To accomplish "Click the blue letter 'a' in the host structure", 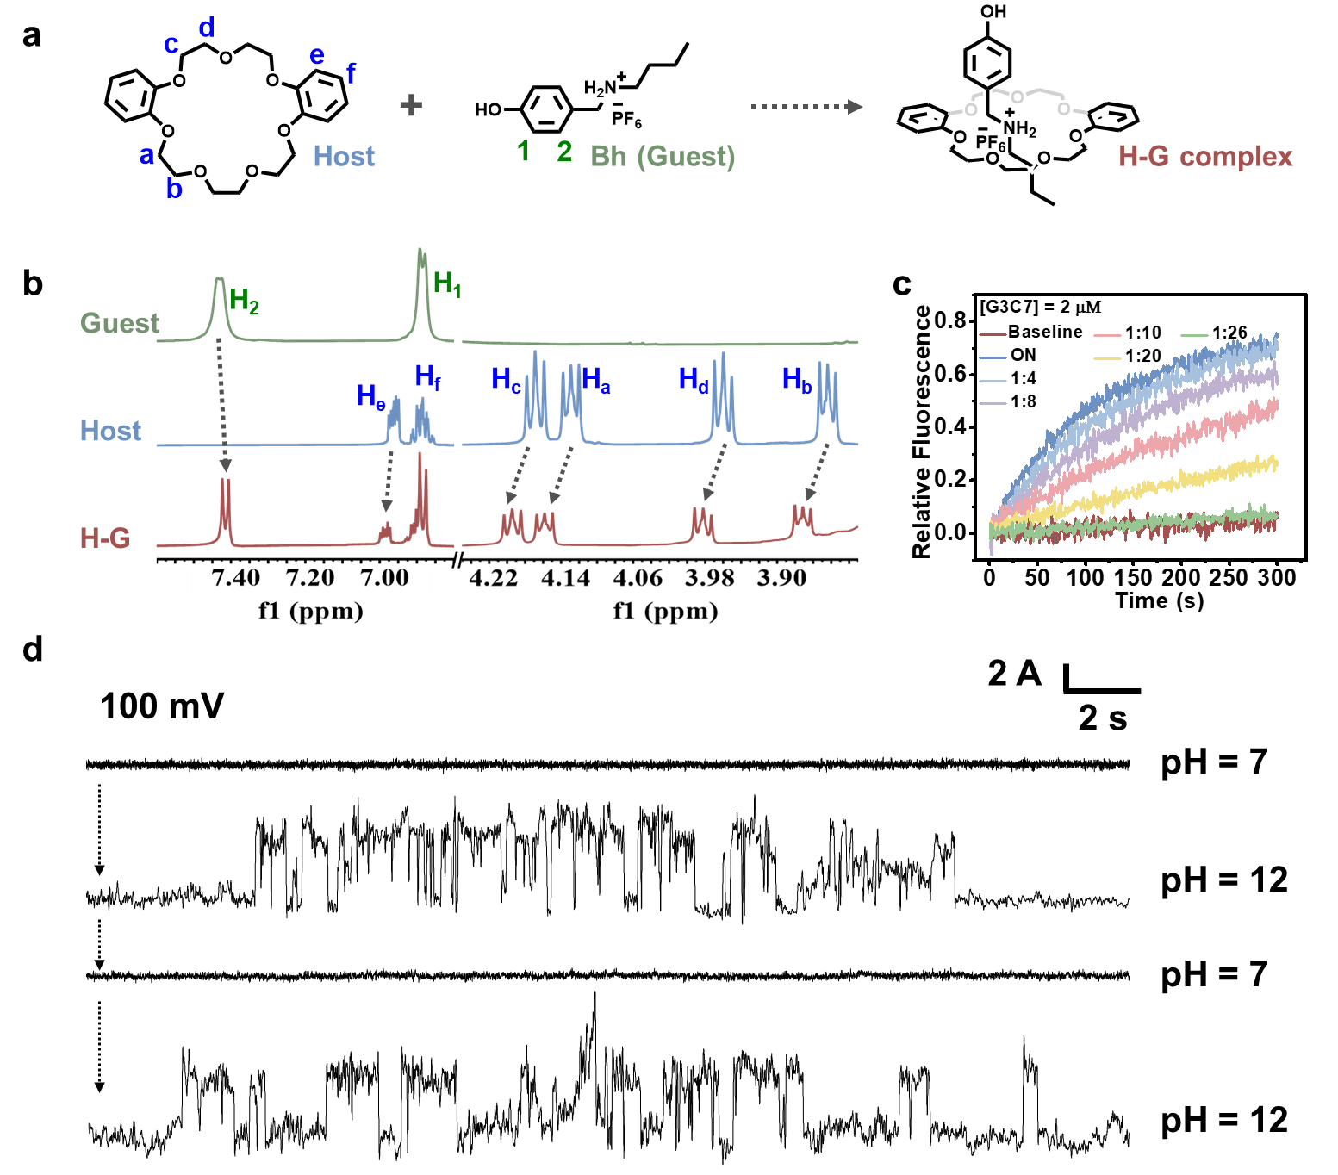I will point(146,156).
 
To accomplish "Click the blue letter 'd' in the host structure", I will point(206,28).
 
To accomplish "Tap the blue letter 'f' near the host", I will point(351,74).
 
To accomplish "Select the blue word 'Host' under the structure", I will point(344,156).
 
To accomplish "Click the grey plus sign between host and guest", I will point(411,105).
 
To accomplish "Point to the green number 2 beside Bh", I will point(564,152).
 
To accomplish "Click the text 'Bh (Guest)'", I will point(663,156).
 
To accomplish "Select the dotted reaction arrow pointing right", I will point(806,107).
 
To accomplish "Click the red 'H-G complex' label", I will point(1205,156).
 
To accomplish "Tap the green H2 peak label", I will point(245,302).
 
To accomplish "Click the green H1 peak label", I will point(447,283).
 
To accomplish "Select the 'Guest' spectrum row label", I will point(120,323).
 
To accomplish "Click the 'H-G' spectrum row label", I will point(105,538).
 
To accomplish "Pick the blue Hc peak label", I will point(506,379).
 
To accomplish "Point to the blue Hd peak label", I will point(694,379).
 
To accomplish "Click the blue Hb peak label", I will point(797,379).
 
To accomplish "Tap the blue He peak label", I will point(370,396).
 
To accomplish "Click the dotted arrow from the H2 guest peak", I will point(222,405).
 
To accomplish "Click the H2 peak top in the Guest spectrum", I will point(219,279).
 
